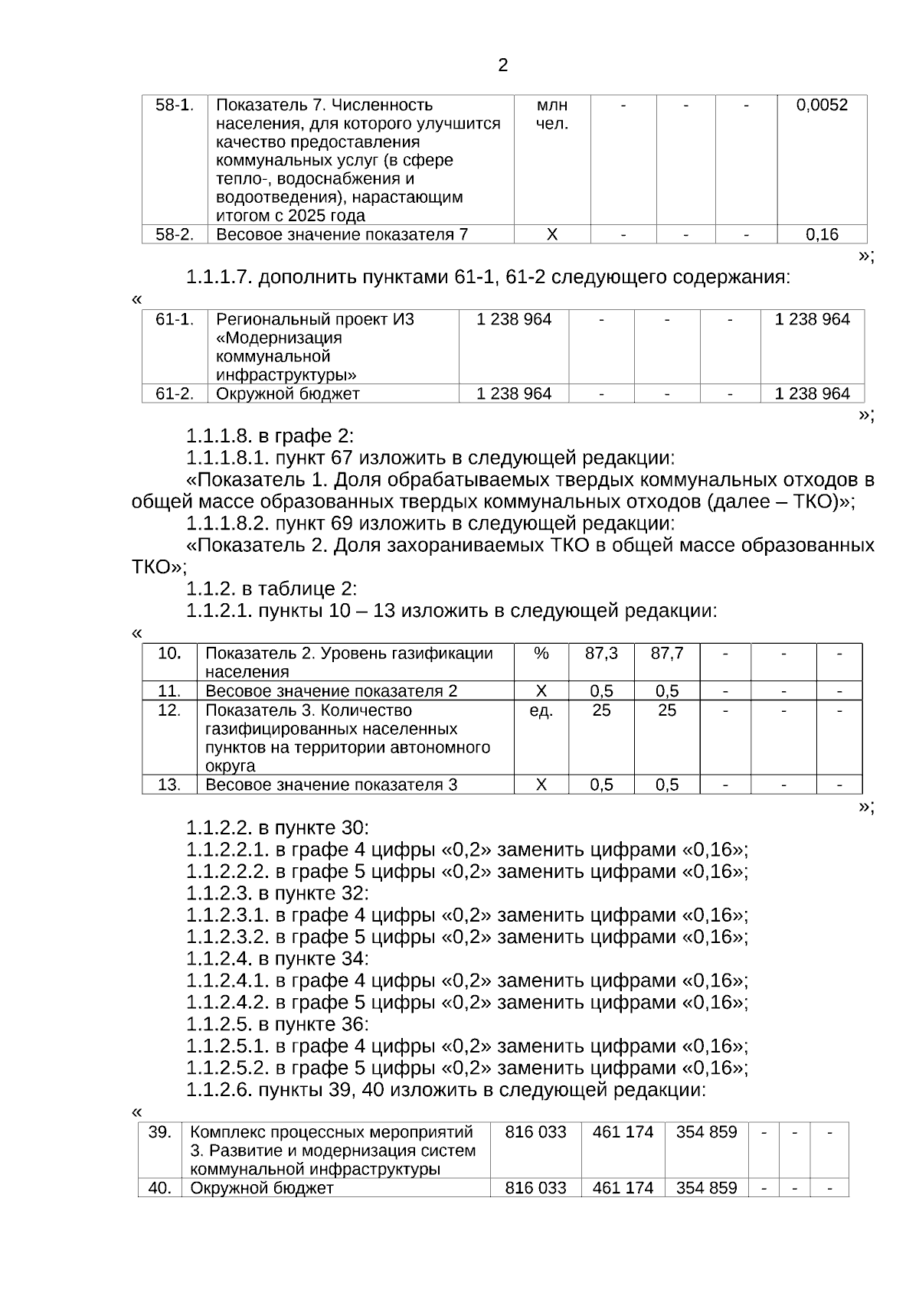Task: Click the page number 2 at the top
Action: tap(502, 65)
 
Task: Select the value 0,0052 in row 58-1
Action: tap(822, 105)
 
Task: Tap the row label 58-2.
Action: tap(175, 234)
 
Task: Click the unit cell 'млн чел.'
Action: tap(551, 114)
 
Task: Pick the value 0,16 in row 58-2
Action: tap(822, 234)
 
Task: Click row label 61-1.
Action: tap(175, 319)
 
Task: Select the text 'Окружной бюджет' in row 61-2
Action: tap(288, 393)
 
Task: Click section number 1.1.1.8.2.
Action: tap(227, 524)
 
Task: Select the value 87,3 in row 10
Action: tap(601, 653)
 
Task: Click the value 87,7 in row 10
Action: tap(667, 653)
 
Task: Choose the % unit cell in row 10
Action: tap(541, 653)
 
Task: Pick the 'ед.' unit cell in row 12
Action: tap(541, 710)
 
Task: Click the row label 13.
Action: tap(169, 785)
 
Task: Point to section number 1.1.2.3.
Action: tap(219, 893)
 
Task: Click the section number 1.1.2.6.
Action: tap(219, 1089)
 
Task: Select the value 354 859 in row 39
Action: tap(706, 1131)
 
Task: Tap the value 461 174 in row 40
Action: tap(623, 1188)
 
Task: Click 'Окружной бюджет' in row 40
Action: tap(262, 1188)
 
